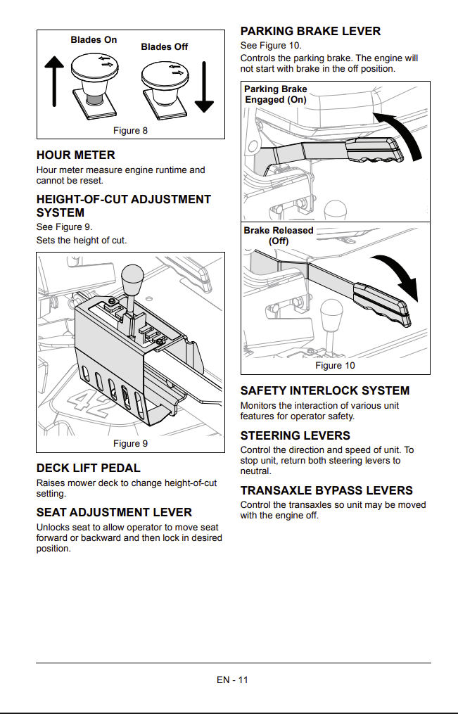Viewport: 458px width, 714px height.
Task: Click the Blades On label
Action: (x=94, y=40)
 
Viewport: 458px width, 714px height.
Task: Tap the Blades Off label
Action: (x=165, y=47)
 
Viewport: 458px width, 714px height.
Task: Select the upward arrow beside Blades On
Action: (x=54, y=81)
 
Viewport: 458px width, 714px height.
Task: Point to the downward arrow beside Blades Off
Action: (x=204, y=87)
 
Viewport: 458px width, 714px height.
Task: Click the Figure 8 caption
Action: (x=130, y=131)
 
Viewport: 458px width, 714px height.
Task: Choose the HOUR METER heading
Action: (x=75, y=155)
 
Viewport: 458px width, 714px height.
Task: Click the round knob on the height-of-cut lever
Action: (x=132, y=278)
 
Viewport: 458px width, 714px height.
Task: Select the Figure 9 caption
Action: (x=130, y=443)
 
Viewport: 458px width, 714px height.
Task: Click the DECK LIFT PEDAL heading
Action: (x=89, y=468)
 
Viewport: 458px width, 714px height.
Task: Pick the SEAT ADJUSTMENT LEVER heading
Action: (x=114, y=512)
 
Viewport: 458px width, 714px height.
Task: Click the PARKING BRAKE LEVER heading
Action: (x=310, y=32)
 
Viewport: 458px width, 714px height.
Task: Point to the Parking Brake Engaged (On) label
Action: (x=276, y=94)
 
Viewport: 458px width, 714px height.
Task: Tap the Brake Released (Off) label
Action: (x=278, y=236)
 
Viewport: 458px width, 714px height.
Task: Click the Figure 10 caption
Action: (x=335, y=366)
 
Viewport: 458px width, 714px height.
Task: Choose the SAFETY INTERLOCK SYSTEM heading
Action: (x=325, y=390)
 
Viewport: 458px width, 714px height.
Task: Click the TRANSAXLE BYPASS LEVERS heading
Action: (x=326, y=490)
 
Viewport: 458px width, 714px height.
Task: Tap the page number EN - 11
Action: (x=233, y=680)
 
